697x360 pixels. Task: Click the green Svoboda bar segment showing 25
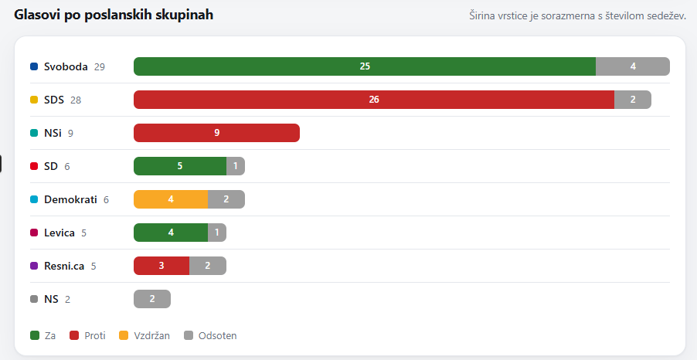tap(365, 66)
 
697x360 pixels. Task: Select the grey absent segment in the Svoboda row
tap(633, 66)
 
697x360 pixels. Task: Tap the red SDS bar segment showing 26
tap(374, 100)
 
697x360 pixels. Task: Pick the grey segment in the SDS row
tap(633, 100)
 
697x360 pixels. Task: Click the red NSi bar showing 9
tap(216, 133)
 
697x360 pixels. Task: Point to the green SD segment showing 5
tap(180, 166)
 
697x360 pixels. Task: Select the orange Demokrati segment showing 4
tap(171, 199)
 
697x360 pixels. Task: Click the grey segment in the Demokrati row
tap(226, 199)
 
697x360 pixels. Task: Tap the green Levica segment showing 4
tap(171, 233)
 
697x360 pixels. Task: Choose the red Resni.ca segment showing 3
tap(161, 266)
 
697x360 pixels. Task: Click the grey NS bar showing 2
tap(152, 299)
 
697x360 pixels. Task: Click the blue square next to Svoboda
tap(34, 66)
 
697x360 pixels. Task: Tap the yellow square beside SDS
tap(34, 100)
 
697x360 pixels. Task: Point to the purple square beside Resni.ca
tap(34, 266)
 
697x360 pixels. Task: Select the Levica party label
tap(59, 233)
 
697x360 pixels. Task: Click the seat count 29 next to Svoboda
tap(100, 66)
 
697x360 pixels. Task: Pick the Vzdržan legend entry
tap(144, 335)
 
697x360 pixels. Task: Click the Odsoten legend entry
tap(210, 335)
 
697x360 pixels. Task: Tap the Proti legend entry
tap(87, 335)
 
